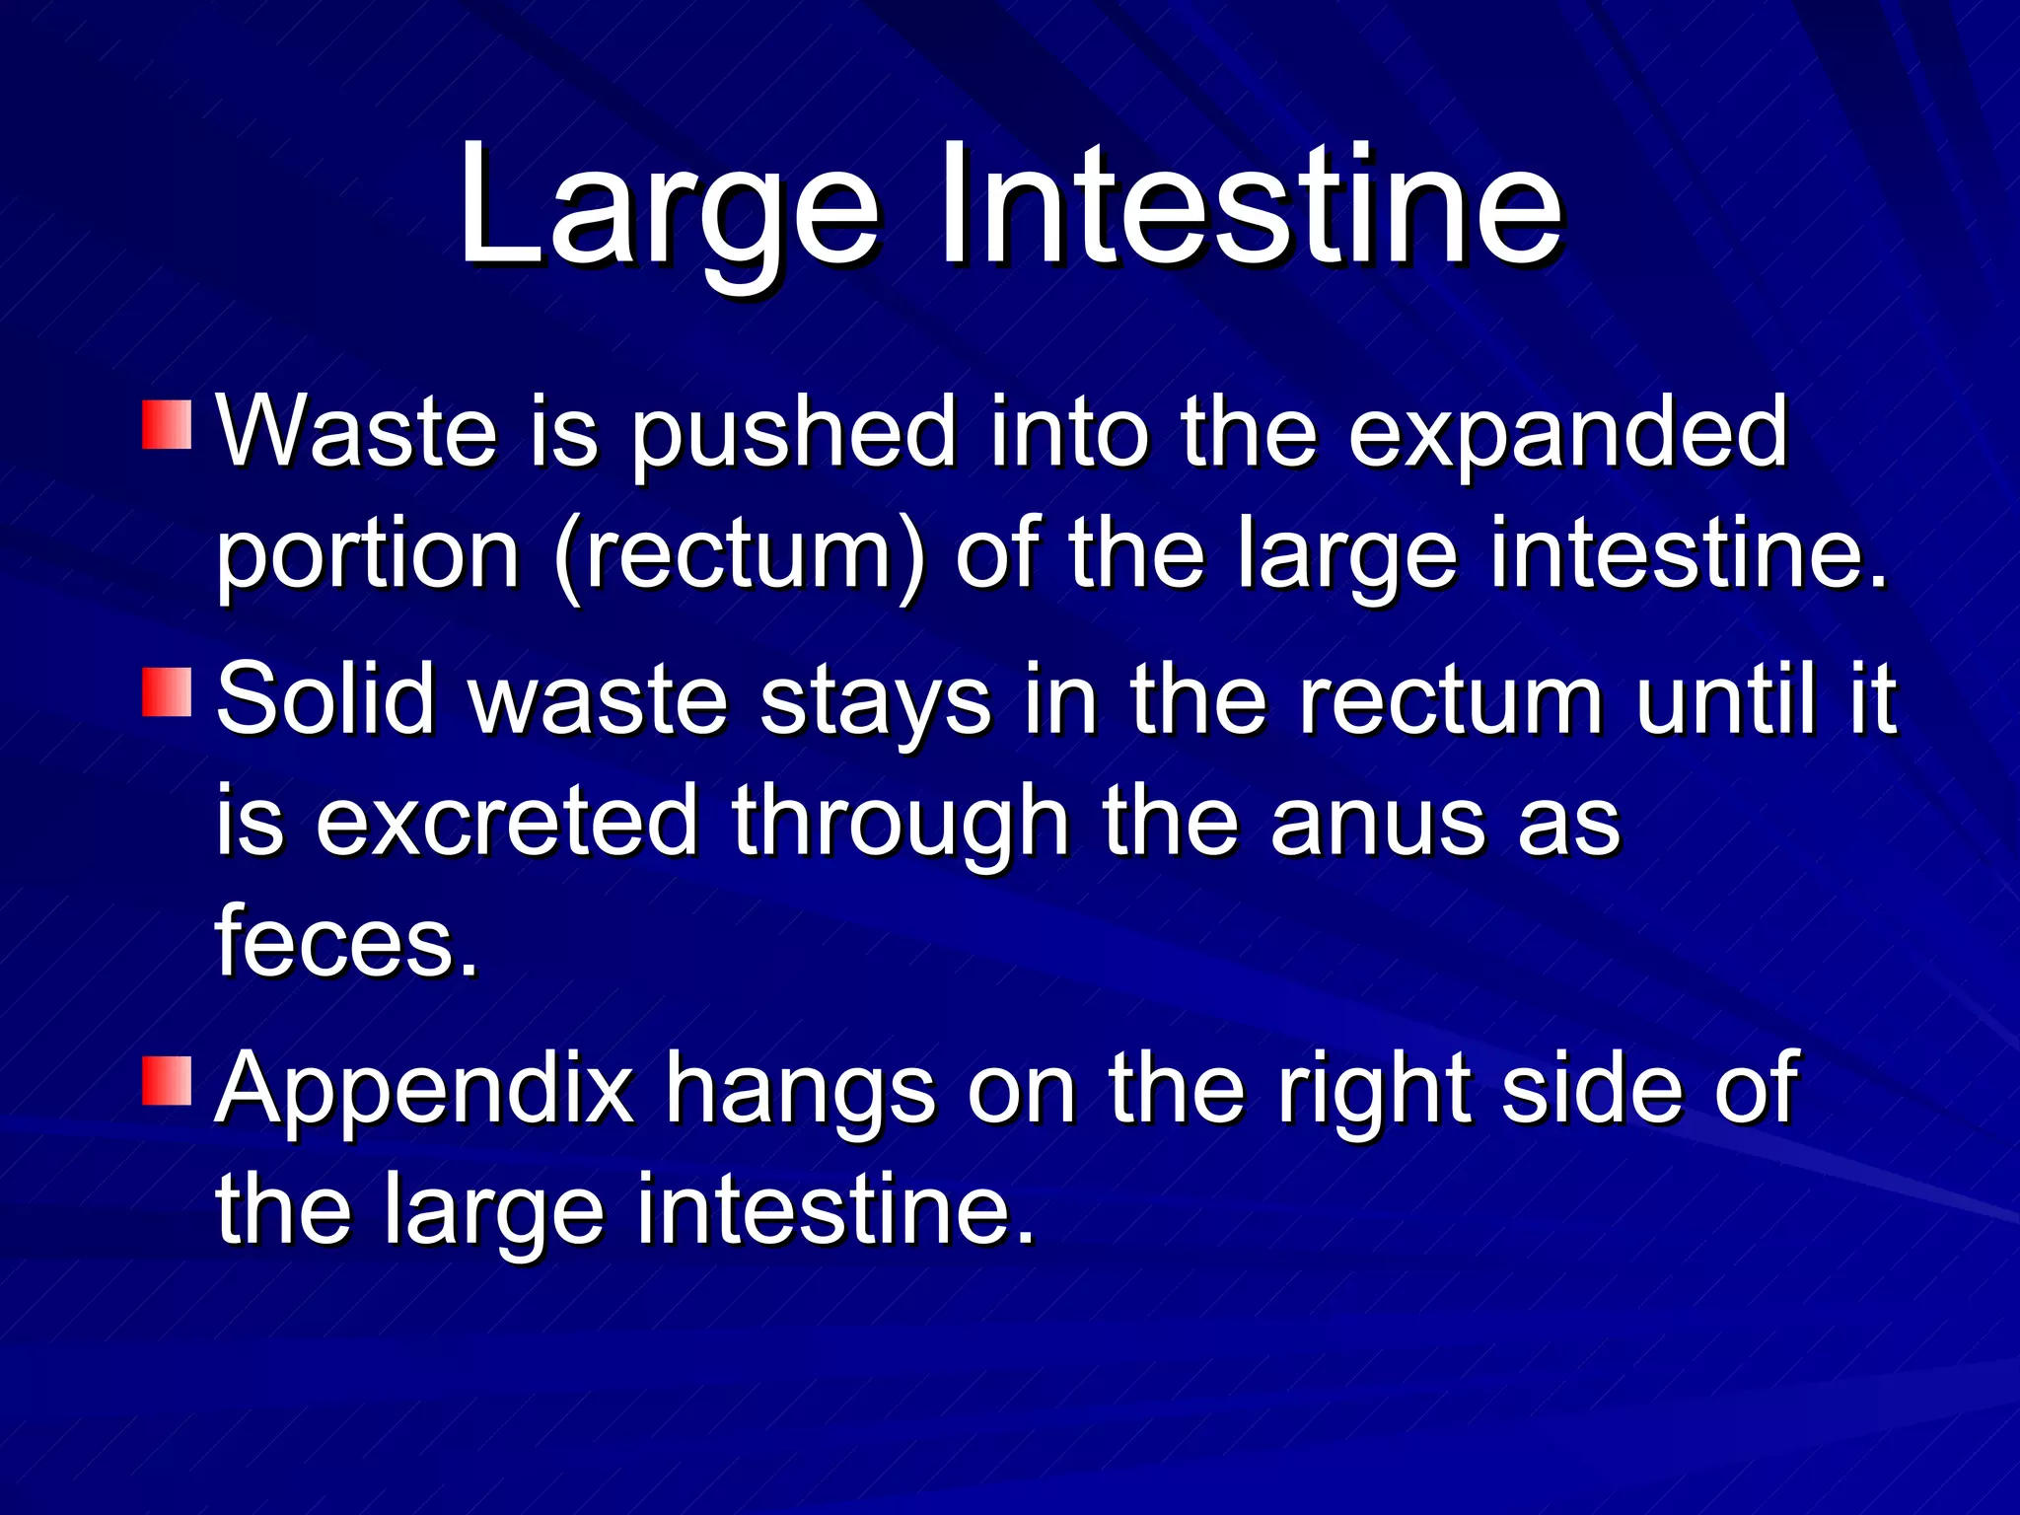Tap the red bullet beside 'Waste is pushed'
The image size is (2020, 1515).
coord(167,424)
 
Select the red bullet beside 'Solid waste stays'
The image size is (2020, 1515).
coord(167,691)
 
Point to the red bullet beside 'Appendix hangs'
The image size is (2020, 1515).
coord(167,1081)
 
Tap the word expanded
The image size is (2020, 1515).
coord(1567,434)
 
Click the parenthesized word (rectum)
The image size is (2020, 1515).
coord(741,555)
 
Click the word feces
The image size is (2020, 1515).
coord(346,941)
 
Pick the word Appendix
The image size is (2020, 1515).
coord(425,1091)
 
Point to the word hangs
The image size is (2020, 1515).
coord(800,1091)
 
